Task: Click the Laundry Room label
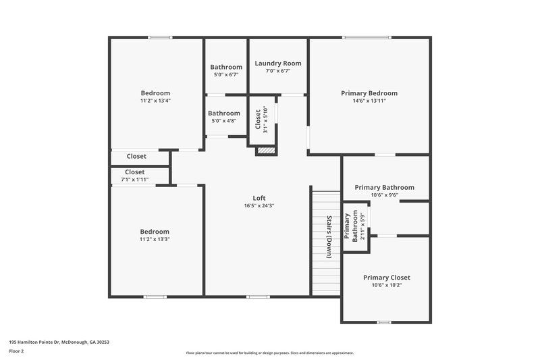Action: [278, 63]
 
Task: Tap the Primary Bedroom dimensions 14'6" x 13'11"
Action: [369, 101]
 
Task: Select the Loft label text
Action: [259, 198]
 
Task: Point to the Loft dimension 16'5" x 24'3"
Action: [259, 206]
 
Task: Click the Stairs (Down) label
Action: [329, 237]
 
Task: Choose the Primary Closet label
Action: [386, 278]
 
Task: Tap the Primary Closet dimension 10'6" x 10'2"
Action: [386, 285]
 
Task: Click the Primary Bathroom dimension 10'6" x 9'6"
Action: [384, 195]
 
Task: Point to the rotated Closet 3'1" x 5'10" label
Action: [262, 120]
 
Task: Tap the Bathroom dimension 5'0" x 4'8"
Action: [224, 121]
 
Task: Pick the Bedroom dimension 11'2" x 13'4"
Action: [155, 101]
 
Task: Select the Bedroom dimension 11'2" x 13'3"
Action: [155, 239]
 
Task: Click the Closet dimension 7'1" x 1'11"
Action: [135, 180]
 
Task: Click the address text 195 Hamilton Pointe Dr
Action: [59, 342]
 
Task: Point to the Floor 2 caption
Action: [16, 351]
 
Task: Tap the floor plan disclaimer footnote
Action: [269, 353]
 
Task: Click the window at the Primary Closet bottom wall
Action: [384, 322]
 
